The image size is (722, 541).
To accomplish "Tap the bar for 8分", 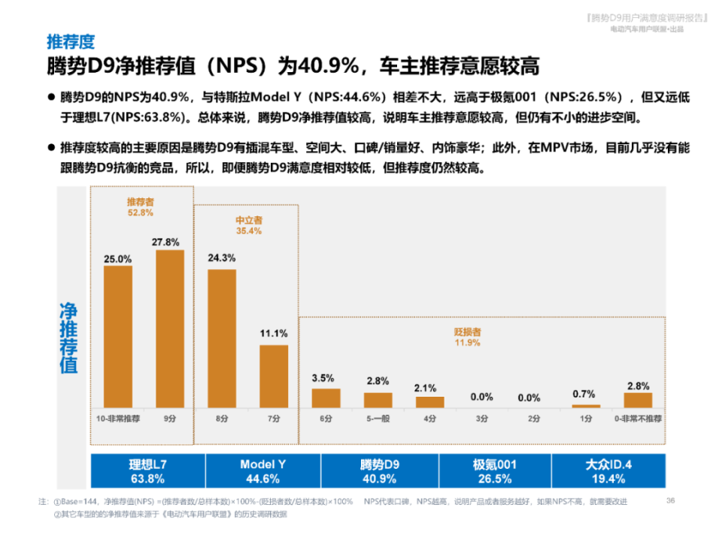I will (222, 337).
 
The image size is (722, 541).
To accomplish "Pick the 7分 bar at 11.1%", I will (274, 376).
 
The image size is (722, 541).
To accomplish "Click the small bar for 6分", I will (326, 397).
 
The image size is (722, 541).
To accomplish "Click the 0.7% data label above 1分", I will (583, 394).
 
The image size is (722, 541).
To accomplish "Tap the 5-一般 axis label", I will (378, 419).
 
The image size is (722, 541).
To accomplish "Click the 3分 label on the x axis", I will (481, 419).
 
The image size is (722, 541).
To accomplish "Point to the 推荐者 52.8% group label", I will (140, 207).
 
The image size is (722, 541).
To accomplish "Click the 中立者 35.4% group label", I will (249, 225).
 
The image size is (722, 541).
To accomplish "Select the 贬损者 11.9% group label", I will (467, 337).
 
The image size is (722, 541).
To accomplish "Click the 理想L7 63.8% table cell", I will (147, 471).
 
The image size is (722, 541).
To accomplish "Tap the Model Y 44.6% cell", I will (263, 471).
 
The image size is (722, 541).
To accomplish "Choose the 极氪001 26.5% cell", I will (494, 471).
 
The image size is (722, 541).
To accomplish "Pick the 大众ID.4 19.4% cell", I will (608, 471).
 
